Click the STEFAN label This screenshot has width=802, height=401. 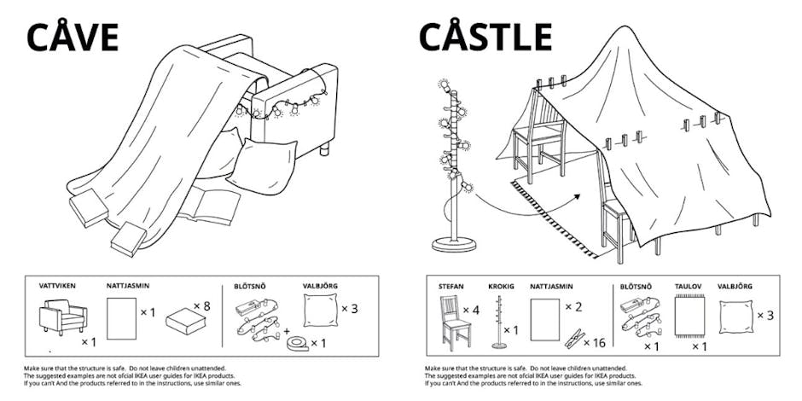click(x=450, y=288)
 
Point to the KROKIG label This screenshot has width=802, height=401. click(x=502, y=288)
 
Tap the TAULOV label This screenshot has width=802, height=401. click(x=688, y=288)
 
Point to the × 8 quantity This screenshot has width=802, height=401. click(x=201, y=305)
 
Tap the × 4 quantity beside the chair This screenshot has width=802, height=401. click(x=471, y=310)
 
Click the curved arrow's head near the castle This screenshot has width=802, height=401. click(x=578, y=196)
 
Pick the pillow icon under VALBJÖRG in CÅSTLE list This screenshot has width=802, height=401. click(x=735, y=317)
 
